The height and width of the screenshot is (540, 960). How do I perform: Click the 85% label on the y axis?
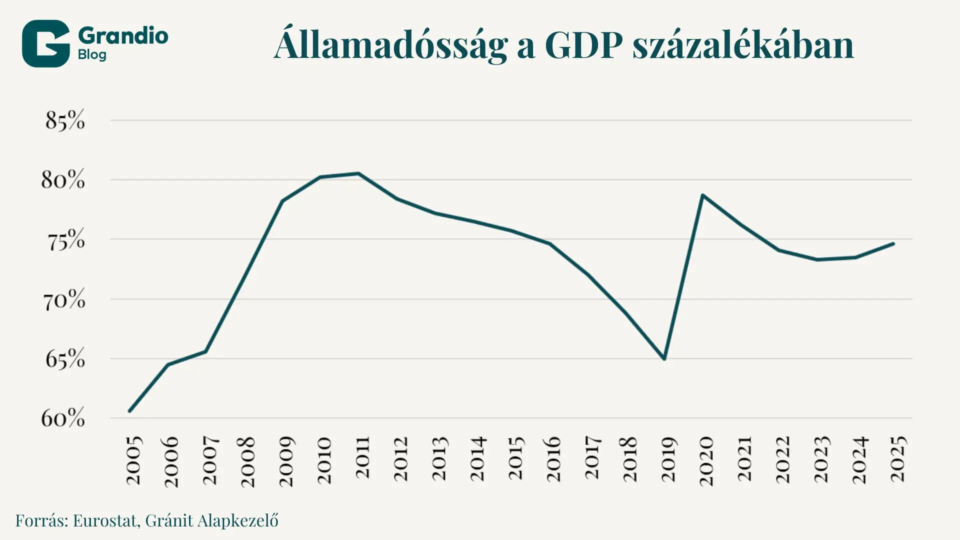tap(65, 120)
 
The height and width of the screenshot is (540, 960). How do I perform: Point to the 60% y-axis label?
tap(63, 418)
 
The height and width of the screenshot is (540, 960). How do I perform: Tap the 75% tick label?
tap(66, 239)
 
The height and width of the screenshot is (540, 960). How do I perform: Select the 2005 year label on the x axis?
tap(134, 460)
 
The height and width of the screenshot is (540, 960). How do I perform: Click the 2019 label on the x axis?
tap(668, 459)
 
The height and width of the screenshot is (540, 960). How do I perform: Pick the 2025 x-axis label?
tap(898, 459)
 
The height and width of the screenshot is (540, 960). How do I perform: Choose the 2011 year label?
tap(362, 457)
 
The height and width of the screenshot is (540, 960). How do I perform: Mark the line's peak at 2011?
tap(358, 173)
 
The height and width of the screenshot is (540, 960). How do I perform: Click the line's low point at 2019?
tap(664, 359)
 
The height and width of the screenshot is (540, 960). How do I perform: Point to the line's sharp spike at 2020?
tap(702, 195)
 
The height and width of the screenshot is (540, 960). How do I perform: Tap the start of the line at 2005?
tap(129, 411)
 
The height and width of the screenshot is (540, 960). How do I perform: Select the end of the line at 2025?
tap(893, 243)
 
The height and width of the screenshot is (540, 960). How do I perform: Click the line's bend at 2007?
tap(205, 351)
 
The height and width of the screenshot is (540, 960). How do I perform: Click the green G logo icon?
tap(46, 43)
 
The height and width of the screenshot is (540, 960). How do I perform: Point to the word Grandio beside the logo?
tap(123, 35)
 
